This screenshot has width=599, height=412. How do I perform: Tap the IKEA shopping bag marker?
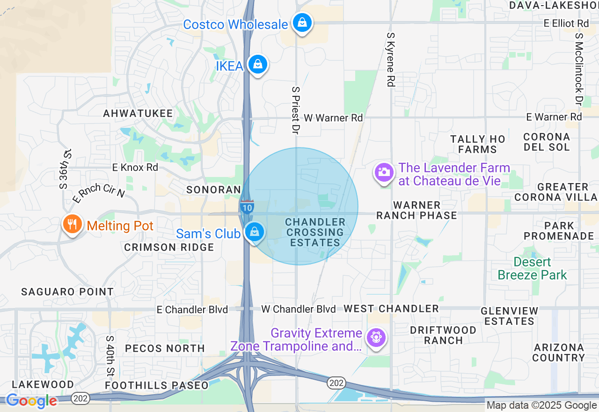click(x=257, y=65)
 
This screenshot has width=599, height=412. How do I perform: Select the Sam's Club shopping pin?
click(x=254, y=232)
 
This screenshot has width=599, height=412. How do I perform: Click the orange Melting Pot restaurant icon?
click(x=72, y=224)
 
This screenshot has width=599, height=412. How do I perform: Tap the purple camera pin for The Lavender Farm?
click(x=384, y=172)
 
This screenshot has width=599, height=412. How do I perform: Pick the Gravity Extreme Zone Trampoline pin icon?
click(x=375, y=338)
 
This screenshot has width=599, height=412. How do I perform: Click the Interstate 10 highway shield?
click(x=247, y=206)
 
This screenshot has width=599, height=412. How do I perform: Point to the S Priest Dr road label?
click(x=295, y=110)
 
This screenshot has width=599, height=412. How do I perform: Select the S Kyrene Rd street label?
click(x=391, y=59)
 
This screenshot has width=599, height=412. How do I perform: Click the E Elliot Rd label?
click(x=566, y=23)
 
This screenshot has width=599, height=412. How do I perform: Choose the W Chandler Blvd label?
click(x=299, y=309)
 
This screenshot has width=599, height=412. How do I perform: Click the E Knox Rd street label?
click(x=135, y=167)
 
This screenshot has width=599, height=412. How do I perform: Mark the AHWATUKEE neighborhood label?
click(x=138, y=113)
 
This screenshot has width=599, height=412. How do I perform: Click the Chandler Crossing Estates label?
click(x=315, y=232)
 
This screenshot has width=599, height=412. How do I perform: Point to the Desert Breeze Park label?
click(x=532, y=268)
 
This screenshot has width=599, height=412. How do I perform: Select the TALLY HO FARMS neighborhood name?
click(x=477, y=144)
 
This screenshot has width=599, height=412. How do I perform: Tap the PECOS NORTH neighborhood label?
click(x=165, y=348)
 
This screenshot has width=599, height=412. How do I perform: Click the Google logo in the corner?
click(x=31, y=401)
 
